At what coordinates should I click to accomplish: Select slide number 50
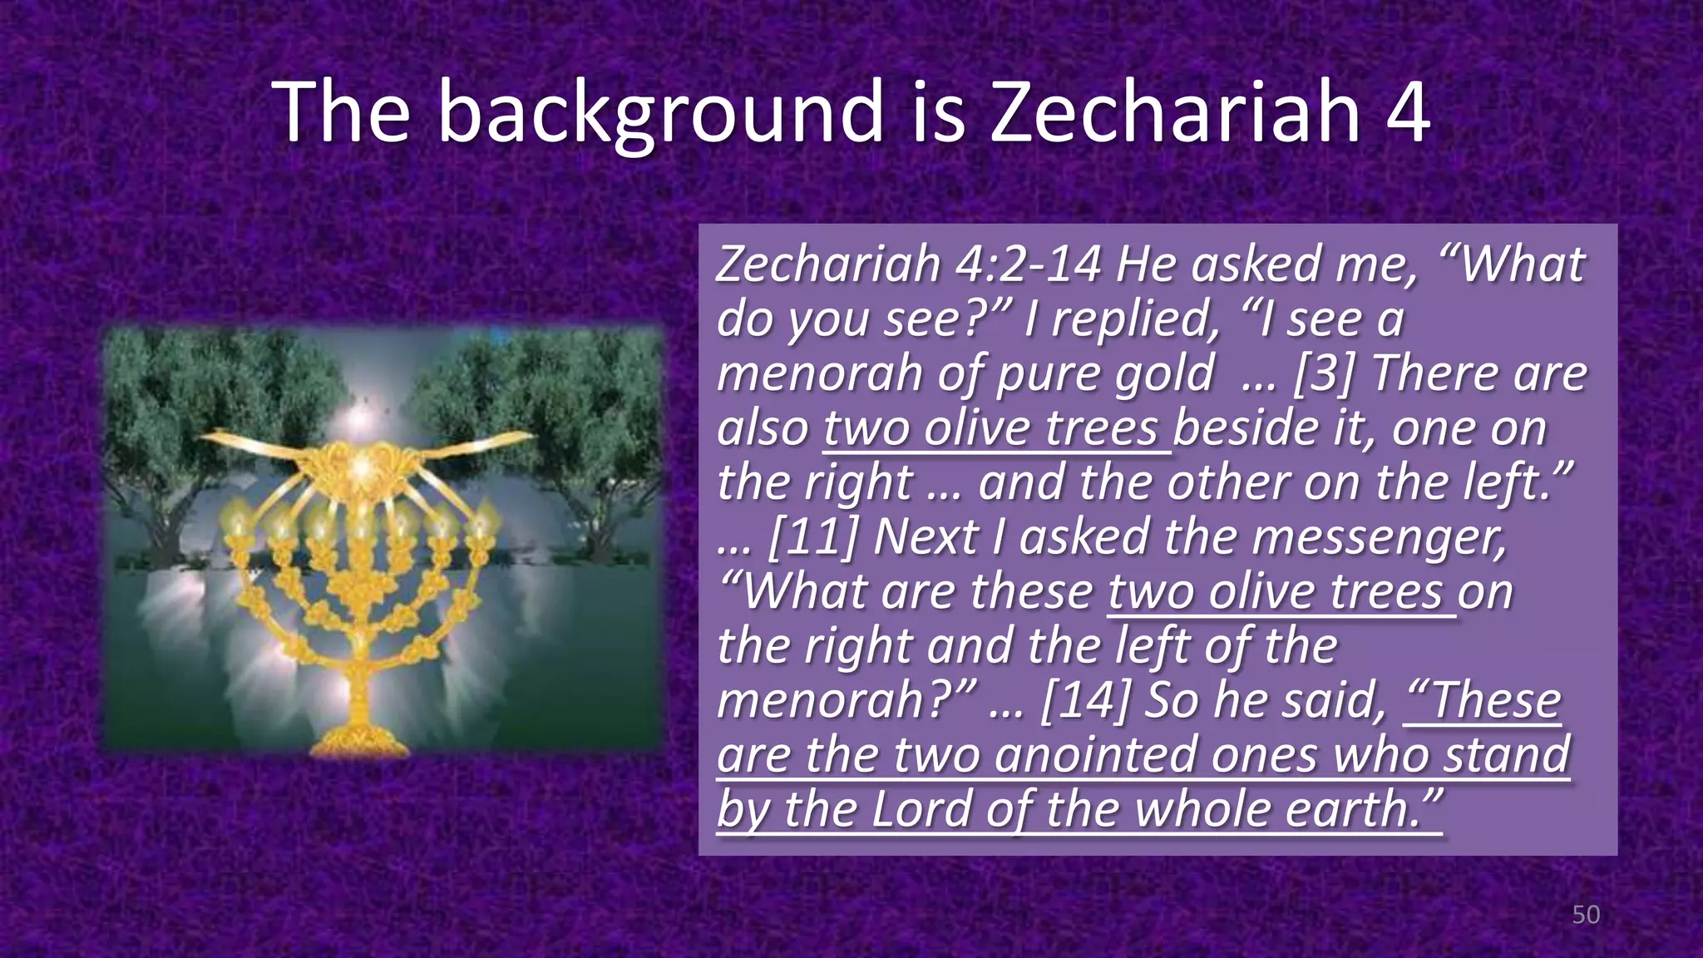pos(1585,915)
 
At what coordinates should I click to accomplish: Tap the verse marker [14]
pos(1084,701)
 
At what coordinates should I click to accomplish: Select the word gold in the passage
pos(1163,373)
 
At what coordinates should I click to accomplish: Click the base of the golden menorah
pos(359,738)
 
